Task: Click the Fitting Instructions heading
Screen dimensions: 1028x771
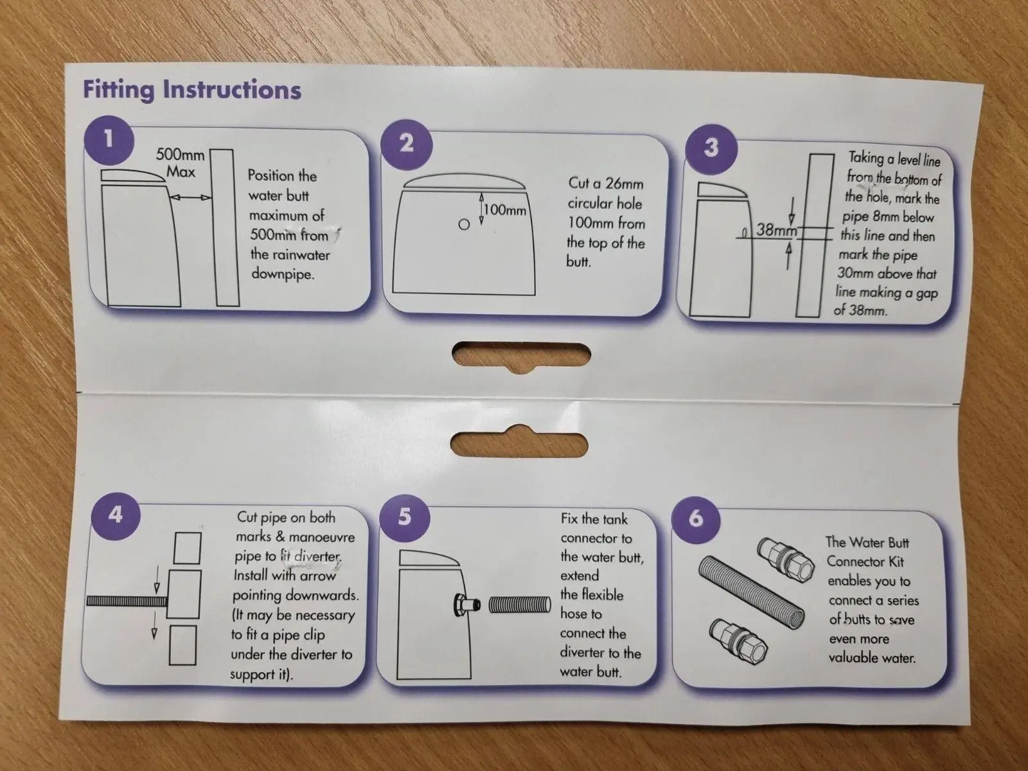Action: (192, 89)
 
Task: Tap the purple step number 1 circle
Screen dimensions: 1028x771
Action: (109, 140)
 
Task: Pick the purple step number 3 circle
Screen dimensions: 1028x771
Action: (711, 148)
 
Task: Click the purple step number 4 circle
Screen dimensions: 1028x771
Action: (115, 515)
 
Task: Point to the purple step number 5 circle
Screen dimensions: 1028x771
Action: (405, 517)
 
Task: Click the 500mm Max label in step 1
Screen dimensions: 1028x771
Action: (181, 163)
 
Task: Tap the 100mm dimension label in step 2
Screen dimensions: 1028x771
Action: (505, 210)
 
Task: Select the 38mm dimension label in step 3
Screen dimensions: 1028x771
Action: (777, 230)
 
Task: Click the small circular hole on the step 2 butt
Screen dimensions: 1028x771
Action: (464, 225)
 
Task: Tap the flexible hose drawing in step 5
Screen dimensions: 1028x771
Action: (520, 605)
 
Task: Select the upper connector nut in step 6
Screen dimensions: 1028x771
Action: (785, 560)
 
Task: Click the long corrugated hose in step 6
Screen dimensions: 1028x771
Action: (750, 592)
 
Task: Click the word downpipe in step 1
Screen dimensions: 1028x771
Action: (283, 274)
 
